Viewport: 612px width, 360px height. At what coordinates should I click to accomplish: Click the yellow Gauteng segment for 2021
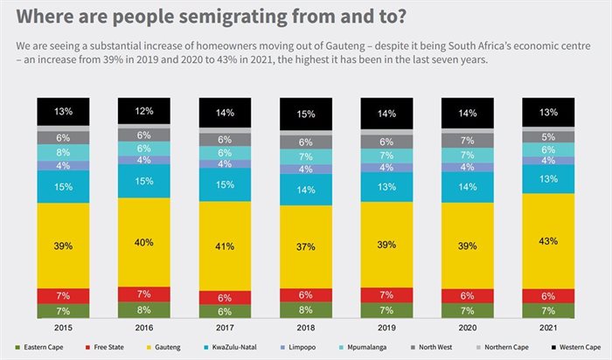coord(547,240)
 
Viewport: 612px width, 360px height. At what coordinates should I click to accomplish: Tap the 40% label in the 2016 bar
coord(143,243)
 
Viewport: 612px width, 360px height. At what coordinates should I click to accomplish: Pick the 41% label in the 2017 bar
coord(225,246)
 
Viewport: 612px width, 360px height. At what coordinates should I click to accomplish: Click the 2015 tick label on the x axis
coord(63,327)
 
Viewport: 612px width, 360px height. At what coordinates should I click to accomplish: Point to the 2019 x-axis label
coord(386,327)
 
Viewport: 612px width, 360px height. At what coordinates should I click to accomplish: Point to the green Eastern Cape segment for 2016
coord(143,308)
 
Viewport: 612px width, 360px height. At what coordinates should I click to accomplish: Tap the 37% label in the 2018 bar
coord(305,247)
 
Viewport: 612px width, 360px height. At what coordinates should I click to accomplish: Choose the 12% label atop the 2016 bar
coord(143,111)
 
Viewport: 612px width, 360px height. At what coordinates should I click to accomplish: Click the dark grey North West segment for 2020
coord(467,140)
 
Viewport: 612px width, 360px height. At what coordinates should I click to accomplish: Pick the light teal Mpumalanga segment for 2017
coord(225,152)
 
